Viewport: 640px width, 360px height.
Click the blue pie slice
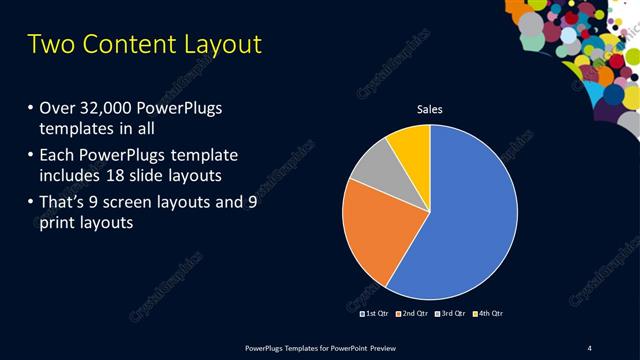click(x=470, y=215)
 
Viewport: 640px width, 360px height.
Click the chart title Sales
click(x=429, y=110)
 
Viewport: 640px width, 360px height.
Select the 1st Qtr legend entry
click(x=374, y=313)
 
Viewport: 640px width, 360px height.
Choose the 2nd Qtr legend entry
click(x=412, y=313)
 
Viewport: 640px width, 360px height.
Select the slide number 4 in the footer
click(x=590, y=347)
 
